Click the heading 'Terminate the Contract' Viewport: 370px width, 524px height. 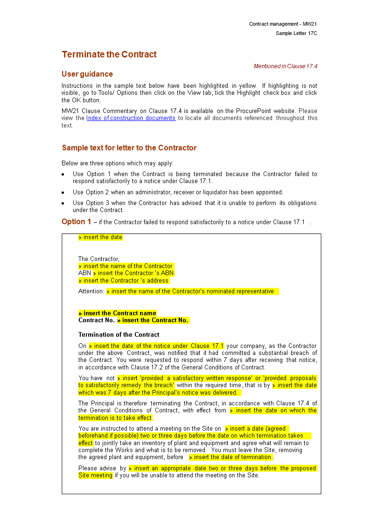click(109, 55)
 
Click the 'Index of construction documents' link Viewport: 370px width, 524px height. click(131, 118)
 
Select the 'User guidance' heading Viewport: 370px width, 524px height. click(87, 74)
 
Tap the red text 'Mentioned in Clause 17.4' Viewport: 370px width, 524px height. click(285, 66)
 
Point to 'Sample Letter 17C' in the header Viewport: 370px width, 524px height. click(296, 34)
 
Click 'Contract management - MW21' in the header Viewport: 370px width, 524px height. click(283, 24)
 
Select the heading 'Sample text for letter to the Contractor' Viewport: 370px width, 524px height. click(129, 148)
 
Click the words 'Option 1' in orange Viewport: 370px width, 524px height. click(77, 222)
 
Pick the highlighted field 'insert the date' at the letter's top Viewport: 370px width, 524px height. click(101, 237)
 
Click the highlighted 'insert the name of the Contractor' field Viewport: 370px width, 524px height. click(126, 266)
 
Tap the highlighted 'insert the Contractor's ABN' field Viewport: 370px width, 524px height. click(133, 273)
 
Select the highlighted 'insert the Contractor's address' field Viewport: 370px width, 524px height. click(124, 281)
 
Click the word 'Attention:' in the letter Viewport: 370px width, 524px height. click(91, 291)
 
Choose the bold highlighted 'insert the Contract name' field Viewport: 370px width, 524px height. click(118, 313)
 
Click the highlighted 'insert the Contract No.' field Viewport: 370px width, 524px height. click(153, 320)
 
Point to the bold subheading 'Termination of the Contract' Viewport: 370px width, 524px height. click(119, 335)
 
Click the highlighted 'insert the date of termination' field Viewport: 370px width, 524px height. click(231, 457)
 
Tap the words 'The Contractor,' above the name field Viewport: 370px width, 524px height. click(99, 259)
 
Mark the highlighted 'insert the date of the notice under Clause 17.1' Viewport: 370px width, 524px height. click(157, 346)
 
